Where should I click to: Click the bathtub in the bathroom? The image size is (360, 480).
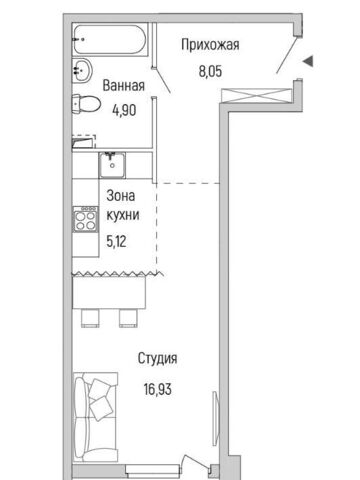tap(110, 39)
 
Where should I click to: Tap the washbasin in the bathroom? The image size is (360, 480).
tap(82, 70)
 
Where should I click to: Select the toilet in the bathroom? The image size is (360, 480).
tap(86, 104)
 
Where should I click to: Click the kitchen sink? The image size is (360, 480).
tap(112, 165)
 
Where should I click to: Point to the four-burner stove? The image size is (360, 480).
tap(86, 220)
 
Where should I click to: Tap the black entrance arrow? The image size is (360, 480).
tap(308, 61)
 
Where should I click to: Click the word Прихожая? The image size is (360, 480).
tap(210, 45)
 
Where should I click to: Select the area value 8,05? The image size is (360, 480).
tap(210, 71)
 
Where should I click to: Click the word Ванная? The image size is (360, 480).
tap(124, 86)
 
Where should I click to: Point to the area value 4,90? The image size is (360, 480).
tap(124, 110)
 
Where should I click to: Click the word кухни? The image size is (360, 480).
tap(123, 215)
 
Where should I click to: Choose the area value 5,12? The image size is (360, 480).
tap(116, 241)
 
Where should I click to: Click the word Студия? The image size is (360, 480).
tap(157, 358)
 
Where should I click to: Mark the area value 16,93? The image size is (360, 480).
tap(158, 389)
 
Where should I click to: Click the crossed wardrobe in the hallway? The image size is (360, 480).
tap(257, 95)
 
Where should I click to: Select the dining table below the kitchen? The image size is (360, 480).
tap(109, 292)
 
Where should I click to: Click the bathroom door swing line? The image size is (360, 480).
tap(162, 80)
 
